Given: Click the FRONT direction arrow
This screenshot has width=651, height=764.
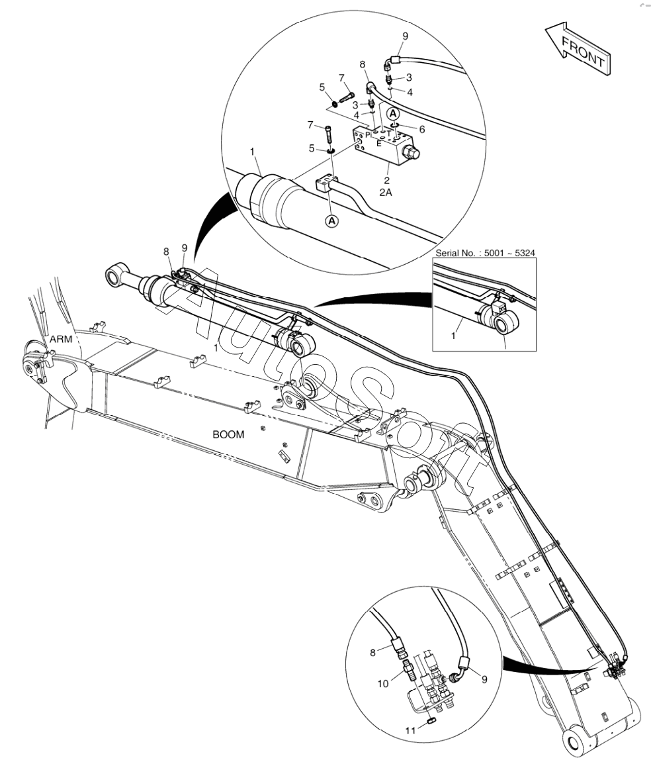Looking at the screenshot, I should point(577,50).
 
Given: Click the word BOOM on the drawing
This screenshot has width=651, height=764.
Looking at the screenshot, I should point(228,435).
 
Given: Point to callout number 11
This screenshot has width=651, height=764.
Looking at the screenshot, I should point(411,730).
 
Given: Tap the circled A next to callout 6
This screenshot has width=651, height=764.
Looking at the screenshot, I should point(393,114).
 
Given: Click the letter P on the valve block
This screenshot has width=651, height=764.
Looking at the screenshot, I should point(368,135).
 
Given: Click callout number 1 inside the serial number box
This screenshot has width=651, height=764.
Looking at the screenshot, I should point(453,336).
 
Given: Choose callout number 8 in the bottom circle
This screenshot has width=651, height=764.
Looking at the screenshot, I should point(372,652).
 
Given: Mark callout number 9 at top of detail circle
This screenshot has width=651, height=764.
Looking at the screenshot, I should point(405,35).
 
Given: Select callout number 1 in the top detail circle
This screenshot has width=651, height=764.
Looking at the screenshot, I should point(253,152).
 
